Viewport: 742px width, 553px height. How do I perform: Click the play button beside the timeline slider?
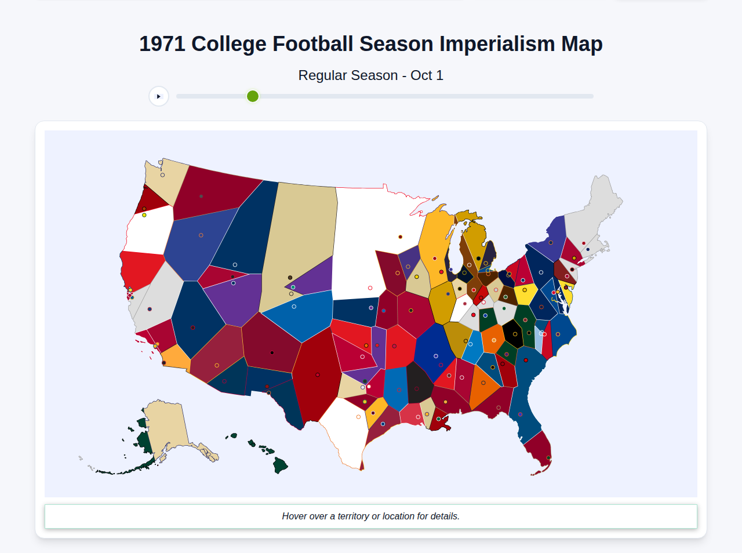point(159,96)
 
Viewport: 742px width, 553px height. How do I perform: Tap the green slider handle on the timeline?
point(253,96)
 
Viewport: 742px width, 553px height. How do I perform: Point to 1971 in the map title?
point(162,44)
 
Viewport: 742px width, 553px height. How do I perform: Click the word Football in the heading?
point(313,44)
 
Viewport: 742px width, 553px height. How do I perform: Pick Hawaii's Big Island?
point(281,465)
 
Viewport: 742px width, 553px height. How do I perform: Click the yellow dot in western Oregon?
point(144,215)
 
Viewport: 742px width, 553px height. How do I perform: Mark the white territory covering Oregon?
point(148,232)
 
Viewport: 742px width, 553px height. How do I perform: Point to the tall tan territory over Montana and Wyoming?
point(299,238)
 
